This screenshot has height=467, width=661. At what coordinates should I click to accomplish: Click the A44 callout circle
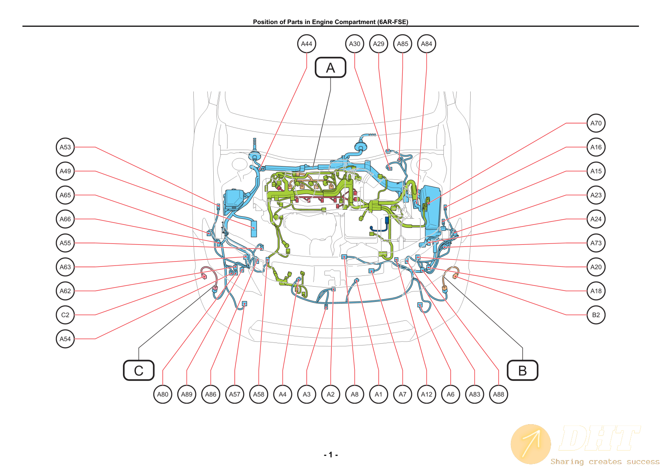click(x=306, y=44)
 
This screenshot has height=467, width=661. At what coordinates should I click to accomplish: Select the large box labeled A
click(x=330, y=67)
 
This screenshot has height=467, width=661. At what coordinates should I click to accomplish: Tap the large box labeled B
click(x=522, y=371)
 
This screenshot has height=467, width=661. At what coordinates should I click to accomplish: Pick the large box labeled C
click(x=139, y=371)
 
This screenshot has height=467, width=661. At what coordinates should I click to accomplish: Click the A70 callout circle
click(x=596, y=123)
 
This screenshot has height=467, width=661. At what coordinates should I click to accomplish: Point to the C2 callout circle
click(x=65, y=315)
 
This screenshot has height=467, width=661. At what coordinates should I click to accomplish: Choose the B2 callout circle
click(x=596, y=315)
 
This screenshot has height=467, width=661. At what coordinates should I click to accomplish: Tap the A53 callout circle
click(x=65, y=147)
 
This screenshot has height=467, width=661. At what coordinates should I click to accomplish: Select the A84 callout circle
click(x=427, y=44)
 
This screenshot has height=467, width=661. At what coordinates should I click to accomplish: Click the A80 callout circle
click(x=163, y=394)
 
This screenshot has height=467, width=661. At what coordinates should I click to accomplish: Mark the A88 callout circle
click(x=498, y=394)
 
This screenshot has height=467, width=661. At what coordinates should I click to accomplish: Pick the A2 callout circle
click(x=330, y=394)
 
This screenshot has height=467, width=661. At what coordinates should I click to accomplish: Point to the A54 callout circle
click(x=65, y=339)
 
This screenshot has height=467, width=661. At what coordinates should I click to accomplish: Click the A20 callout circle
click(x=596, y=267)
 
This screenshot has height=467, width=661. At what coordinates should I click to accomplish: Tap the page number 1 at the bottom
click(x=330, y=454)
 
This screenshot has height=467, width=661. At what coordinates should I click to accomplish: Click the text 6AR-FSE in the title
click(x=393, y=22)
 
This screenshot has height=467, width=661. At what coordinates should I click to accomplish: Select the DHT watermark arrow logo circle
click(x=530, y=444)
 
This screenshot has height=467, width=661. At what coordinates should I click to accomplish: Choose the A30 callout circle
click(x=354, y=44)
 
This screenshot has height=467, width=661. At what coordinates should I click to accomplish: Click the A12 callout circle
click(x=427, y=394)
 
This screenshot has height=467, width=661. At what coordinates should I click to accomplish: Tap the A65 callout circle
click(x=65, y=195)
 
